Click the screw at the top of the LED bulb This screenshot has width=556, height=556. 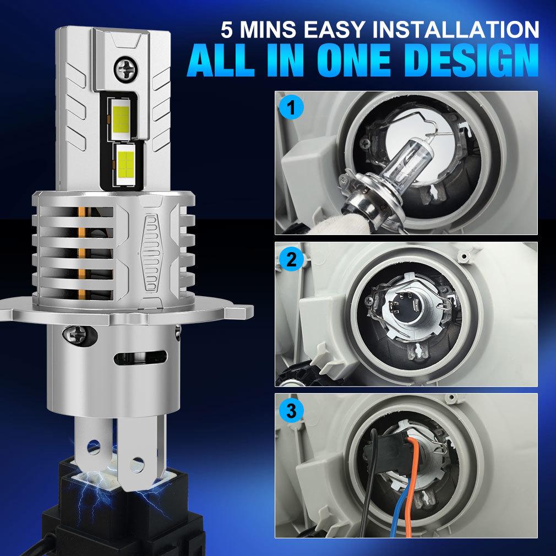click(x=123, y=69)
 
